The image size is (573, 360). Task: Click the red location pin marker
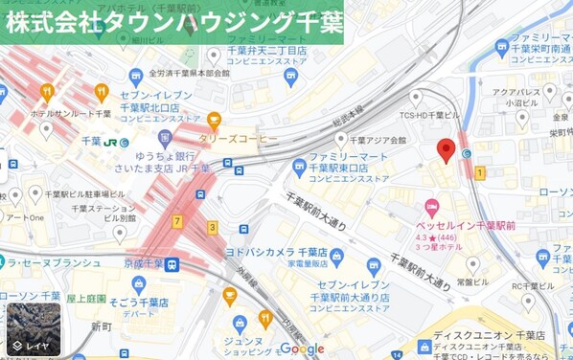pos(445,150)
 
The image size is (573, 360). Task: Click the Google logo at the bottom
pos(302,349)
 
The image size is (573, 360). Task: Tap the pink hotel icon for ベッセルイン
pos(432,207)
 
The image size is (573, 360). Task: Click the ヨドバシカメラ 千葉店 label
pos(277,253)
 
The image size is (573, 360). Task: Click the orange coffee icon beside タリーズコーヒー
pos(214,121)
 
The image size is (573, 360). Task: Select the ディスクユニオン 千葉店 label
pos(489,335)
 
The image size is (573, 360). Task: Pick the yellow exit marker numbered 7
pos(177,221)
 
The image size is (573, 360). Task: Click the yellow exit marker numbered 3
pos(212,227)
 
